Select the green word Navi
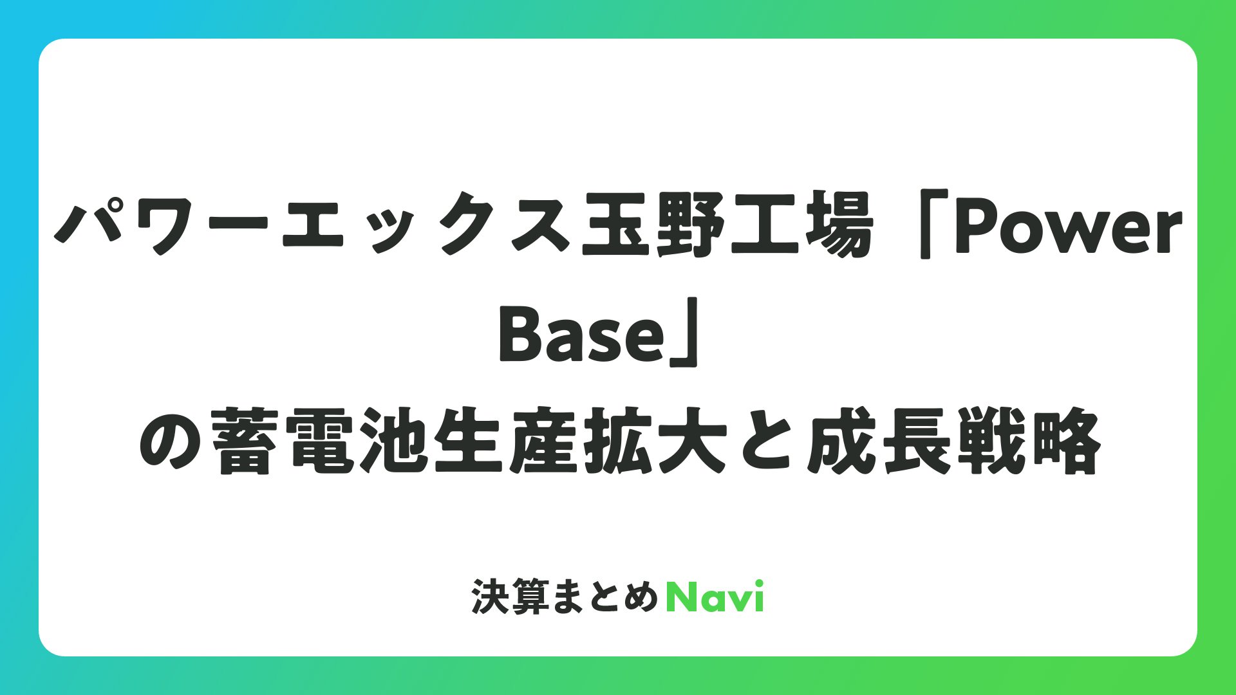point(715,597)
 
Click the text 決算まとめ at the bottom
point(565,597)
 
